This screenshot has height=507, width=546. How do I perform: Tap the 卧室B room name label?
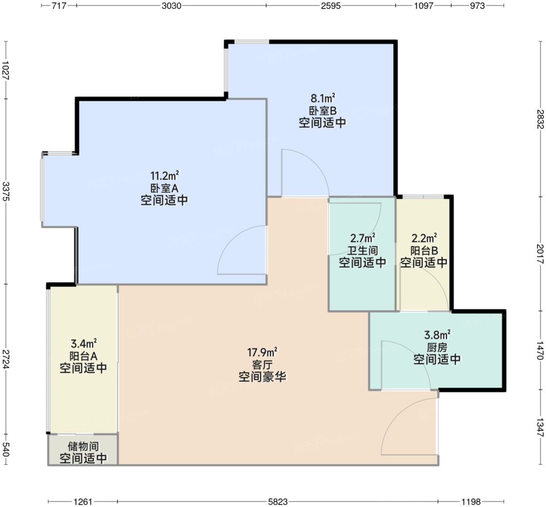(x=322, y=110)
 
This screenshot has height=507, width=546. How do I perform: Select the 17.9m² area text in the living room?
(x=262, y=352)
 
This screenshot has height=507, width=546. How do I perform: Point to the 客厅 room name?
(x=262, y=364)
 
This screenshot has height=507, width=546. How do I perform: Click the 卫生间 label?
(x=362, y=250)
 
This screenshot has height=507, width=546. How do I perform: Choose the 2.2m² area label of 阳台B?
(x=424, y=238)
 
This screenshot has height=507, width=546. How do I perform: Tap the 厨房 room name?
(x=437, y=347)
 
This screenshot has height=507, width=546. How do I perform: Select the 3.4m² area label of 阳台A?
(x=83, y=343)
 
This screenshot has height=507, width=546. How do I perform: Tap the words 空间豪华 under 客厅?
(x=262, y=377)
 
